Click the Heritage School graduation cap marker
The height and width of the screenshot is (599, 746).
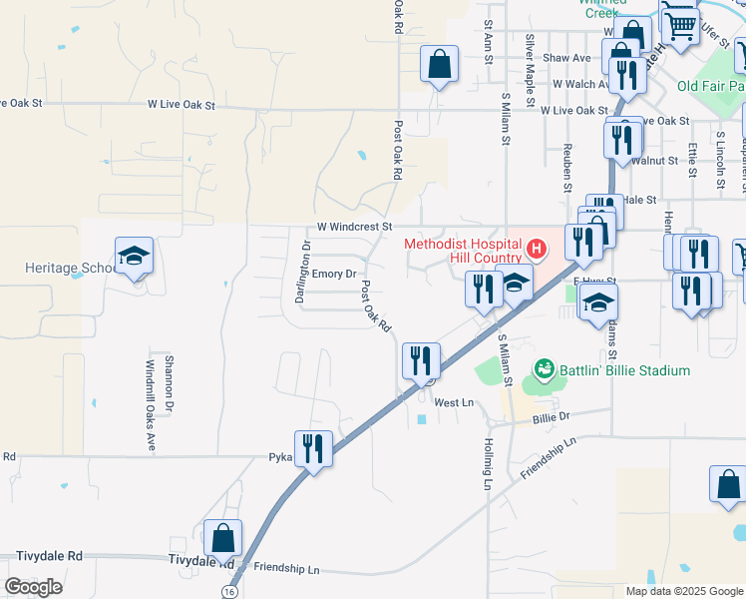tap(134, 257)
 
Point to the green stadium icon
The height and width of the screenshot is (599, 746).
tap(544, 370)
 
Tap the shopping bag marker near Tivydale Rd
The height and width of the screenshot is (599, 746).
tap(222, 538)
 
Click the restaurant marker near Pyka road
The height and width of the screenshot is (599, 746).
tap(313, 448)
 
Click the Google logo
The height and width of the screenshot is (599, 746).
tap(33, 586)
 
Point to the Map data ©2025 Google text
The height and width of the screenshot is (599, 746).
tap(683, 591)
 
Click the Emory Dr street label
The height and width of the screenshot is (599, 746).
tap(334, 273)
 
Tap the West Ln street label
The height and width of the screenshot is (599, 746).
tap(453, 402)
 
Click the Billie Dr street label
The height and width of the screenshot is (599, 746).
tap(551, 416)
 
